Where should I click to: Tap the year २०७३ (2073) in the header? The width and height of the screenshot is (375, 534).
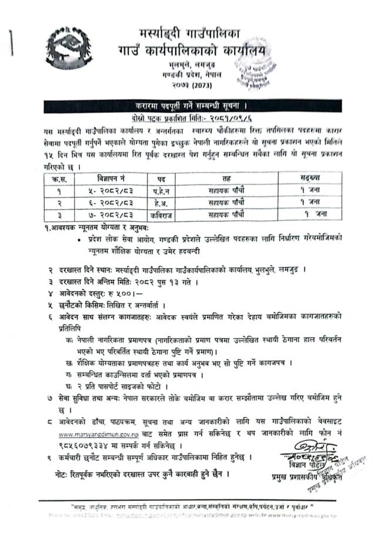click(x=186, y=87)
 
